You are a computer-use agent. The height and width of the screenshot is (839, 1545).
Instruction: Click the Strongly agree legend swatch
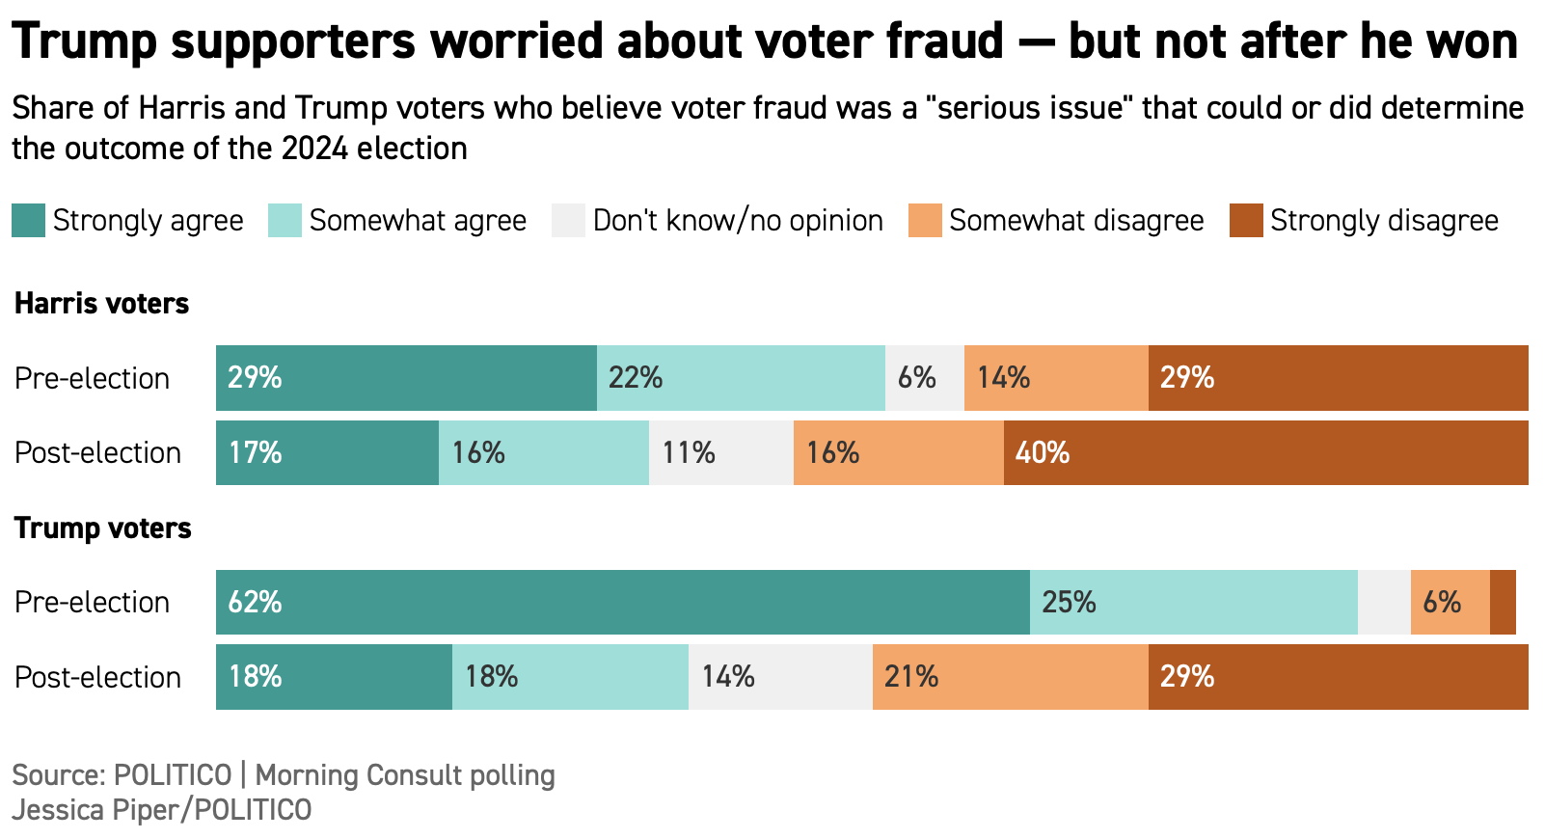coord(28,221)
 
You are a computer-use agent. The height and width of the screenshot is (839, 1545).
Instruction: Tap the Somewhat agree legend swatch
coord(285,221)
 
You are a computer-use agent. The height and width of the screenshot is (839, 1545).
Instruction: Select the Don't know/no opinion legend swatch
coord(568,221)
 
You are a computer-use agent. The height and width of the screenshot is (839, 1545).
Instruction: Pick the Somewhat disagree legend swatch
coord(924,221)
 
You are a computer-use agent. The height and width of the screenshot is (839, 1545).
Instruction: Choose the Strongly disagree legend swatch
coord(1246,221)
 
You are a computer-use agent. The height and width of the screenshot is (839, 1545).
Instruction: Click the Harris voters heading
coord(101,304)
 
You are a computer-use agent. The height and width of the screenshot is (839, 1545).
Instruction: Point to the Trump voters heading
coord(102,528)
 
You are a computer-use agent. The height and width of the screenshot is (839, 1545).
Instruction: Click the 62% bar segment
coord(622,603)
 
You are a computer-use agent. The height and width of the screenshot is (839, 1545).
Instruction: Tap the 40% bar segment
coord(1265,453)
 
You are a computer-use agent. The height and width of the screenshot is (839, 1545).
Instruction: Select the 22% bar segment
coord(741,378)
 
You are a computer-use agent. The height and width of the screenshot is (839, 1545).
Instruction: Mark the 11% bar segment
coord(720,453)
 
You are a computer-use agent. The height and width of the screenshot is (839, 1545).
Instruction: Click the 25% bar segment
coord(1193,603)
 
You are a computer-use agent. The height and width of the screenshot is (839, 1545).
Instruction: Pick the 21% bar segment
coord(1010,677)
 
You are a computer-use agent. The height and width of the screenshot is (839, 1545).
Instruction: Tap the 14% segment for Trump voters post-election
coord(780,677)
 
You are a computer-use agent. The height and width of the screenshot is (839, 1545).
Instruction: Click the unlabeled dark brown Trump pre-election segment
coord(1503,603)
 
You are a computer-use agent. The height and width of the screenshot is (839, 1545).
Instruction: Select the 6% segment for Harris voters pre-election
coord(924,378)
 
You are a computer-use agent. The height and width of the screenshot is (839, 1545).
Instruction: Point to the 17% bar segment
coord(327,453)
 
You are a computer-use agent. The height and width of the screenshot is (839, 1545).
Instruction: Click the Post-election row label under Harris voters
coord(97,453)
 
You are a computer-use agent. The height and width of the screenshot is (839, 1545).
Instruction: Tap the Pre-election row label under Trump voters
coord(92,603)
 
